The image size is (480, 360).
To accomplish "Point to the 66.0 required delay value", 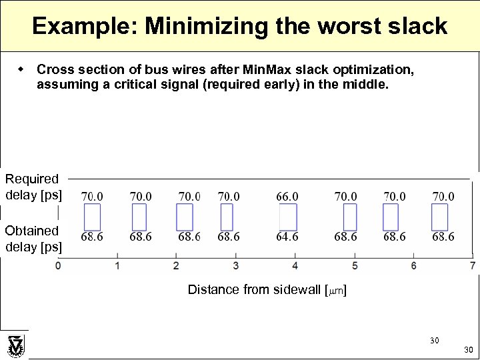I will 287,197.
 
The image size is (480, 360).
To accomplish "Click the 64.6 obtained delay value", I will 287,237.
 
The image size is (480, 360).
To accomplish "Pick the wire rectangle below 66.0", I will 288,217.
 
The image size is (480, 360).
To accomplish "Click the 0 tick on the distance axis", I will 59,266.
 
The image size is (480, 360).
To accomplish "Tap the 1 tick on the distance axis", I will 117,266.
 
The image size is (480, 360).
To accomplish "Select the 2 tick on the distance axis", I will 176,266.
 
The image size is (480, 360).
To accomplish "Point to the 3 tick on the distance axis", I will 235,266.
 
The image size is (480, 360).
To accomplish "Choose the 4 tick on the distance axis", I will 295,266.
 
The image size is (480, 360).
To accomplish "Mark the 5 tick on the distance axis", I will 354,266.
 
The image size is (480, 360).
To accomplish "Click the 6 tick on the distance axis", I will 413,266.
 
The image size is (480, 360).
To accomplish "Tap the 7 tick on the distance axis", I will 472,266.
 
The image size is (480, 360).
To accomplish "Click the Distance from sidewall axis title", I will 267,289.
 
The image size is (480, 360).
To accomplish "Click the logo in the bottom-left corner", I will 15,345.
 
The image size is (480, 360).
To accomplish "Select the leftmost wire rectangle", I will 92,217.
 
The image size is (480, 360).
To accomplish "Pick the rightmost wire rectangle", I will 440,217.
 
